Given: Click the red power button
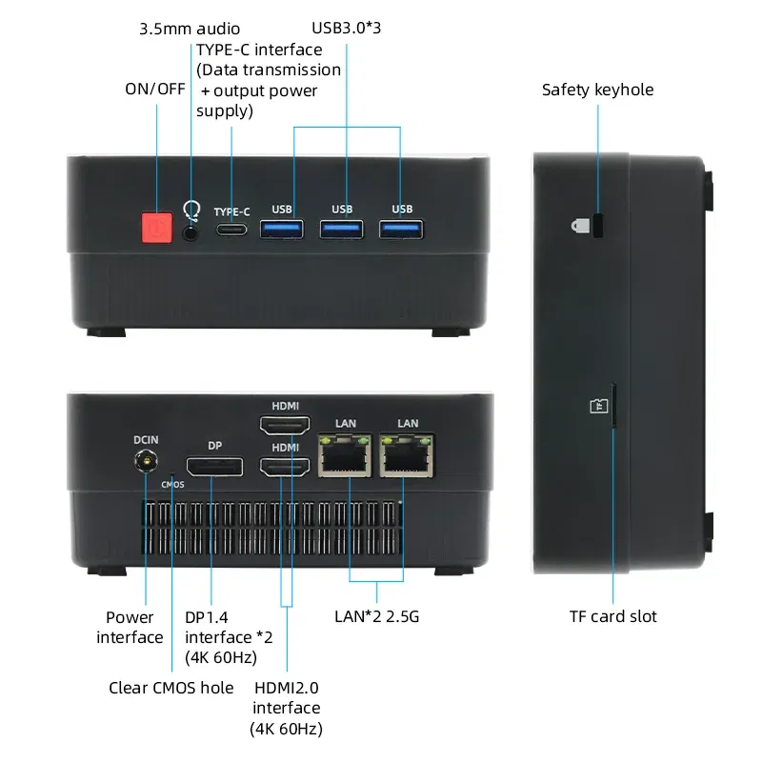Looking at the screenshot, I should pyautogui.click(x=156, y=229).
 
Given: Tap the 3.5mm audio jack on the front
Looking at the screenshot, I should pyautogui.click(x=192, y=230).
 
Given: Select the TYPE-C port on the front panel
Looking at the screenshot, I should pyautogui.click(x=231, y=230).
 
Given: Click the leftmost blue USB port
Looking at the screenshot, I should pyautogui.click(x=282, y=229).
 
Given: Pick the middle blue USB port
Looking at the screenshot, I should pyautogui.click(x=342, y=229).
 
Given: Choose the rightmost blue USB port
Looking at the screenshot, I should pyautogui.click(x=402, y=229).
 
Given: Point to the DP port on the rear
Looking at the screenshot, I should pyautogui.click(x=213, y=467).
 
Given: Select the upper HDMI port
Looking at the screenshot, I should pyautogui.click(x=285, y=426).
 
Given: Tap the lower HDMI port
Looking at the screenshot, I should pyautogui.click(x=285, y=467).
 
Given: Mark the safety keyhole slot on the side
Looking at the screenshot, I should pyautogui.click(x=599, y=226).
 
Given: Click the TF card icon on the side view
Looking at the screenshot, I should pyautogui.click(x=597, y=406).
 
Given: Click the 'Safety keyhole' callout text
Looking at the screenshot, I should pyautogui.click(x=597, y=90).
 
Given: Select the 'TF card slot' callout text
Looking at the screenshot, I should pyautogui.click(x=612, y=616).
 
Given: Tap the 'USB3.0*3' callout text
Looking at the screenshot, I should pyautogui.click(x=346, y=27).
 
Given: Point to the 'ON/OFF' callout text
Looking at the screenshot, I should pyautogui.click(x=155, y=89).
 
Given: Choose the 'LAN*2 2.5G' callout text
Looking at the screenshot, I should pyautogui.click(x=376, y=616).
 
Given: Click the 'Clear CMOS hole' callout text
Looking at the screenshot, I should pyautogui.click(x=170, y=688).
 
